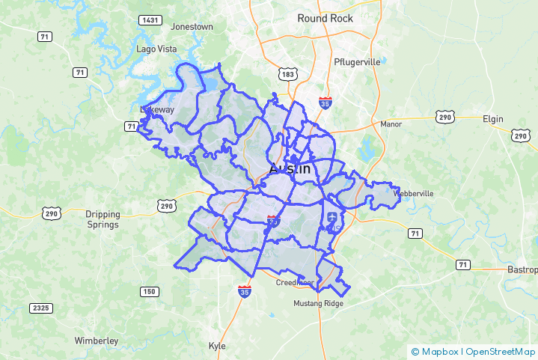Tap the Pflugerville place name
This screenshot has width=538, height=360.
point(357,62)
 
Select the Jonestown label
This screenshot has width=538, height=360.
point(192,26)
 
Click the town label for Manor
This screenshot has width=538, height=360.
point(391,124)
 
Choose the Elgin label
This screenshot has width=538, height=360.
point(493,119)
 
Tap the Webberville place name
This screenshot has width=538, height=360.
point(414,193)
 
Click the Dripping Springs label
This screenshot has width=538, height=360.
point(103,219)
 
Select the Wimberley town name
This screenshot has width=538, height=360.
point(97,341)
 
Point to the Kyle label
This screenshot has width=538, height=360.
point(217,346)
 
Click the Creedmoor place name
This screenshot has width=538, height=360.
point(294,283)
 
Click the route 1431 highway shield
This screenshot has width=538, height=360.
point(150,19)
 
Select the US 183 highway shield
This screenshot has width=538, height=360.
point(289,73)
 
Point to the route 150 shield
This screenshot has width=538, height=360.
point(149,292)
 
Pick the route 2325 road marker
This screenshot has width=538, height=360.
point(41,308)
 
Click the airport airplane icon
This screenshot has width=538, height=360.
point(332,217)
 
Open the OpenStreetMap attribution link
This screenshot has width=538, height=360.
point(500,351)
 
